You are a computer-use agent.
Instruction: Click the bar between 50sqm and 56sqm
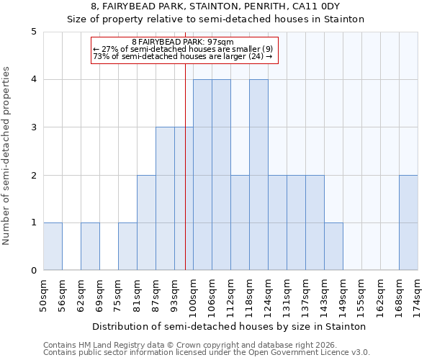click(53, 246)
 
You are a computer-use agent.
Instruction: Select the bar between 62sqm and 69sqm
click(90, 246)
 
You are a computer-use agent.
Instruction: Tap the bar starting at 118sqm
click(258, 175)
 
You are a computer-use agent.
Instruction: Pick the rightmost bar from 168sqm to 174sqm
click(408, 222)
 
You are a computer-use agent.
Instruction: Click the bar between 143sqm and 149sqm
click(333, 246)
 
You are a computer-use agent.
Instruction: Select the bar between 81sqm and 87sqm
click(146, 222)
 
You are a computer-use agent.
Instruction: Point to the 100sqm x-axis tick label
click(194, 294)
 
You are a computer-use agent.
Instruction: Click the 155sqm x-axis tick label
click(362, 294)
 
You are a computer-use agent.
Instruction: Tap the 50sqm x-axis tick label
click(44, 293)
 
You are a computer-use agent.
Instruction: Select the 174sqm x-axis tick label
click(418, 294)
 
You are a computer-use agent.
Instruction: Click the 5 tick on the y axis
click(34, 32)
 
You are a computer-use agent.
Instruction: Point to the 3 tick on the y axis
click(34, 127)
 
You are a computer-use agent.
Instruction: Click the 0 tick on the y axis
click(34, 271)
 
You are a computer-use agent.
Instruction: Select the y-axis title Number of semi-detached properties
click(7, 156)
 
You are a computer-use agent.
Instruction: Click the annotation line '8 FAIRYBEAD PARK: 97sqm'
click(183, 42)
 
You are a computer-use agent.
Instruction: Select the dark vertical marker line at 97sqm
click(185, 180)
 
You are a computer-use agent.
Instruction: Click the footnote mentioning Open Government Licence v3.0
click(207, 353)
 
